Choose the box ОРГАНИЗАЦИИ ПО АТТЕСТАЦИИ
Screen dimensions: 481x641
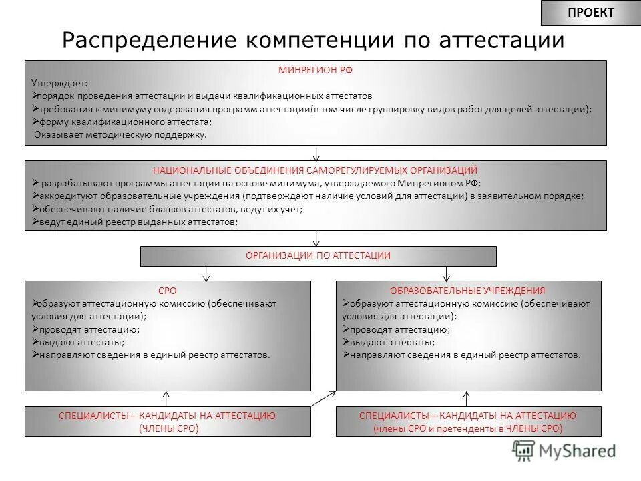pyautogui.click(x=318, y=256)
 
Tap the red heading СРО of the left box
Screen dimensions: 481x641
pyautogui.click(x=168, y=291)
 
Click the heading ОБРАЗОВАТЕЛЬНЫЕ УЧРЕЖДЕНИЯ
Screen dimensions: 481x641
pyautogui.click(x=467, y=291)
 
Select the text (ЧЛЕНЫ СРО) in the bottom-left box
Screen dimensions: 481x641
pyautogui.click(x=168, y=428)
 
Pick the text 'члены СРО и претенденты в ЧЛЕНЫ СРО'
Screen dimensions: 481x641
pyautogui.click(x=467, y=428)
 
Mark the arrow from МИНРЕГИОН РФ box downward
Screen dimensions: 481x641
pyautogui.click(x=316, y=153)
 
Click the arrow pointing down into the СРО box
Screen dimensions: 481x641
pyautogui.click(x=207, y=272)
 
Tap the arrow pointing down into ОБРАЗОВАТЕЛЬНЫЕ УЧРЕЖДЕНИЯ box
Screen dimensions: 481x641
pyautogui.click(x=447, y=272)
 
